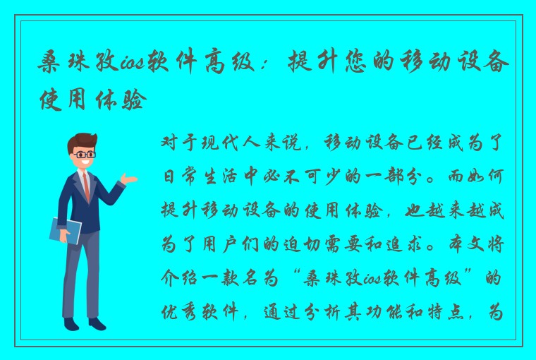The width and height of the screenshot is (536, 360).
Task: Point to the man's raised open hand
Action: [129, 179]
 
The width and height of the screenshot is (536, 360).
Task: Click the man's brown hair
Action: [82, 140]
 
